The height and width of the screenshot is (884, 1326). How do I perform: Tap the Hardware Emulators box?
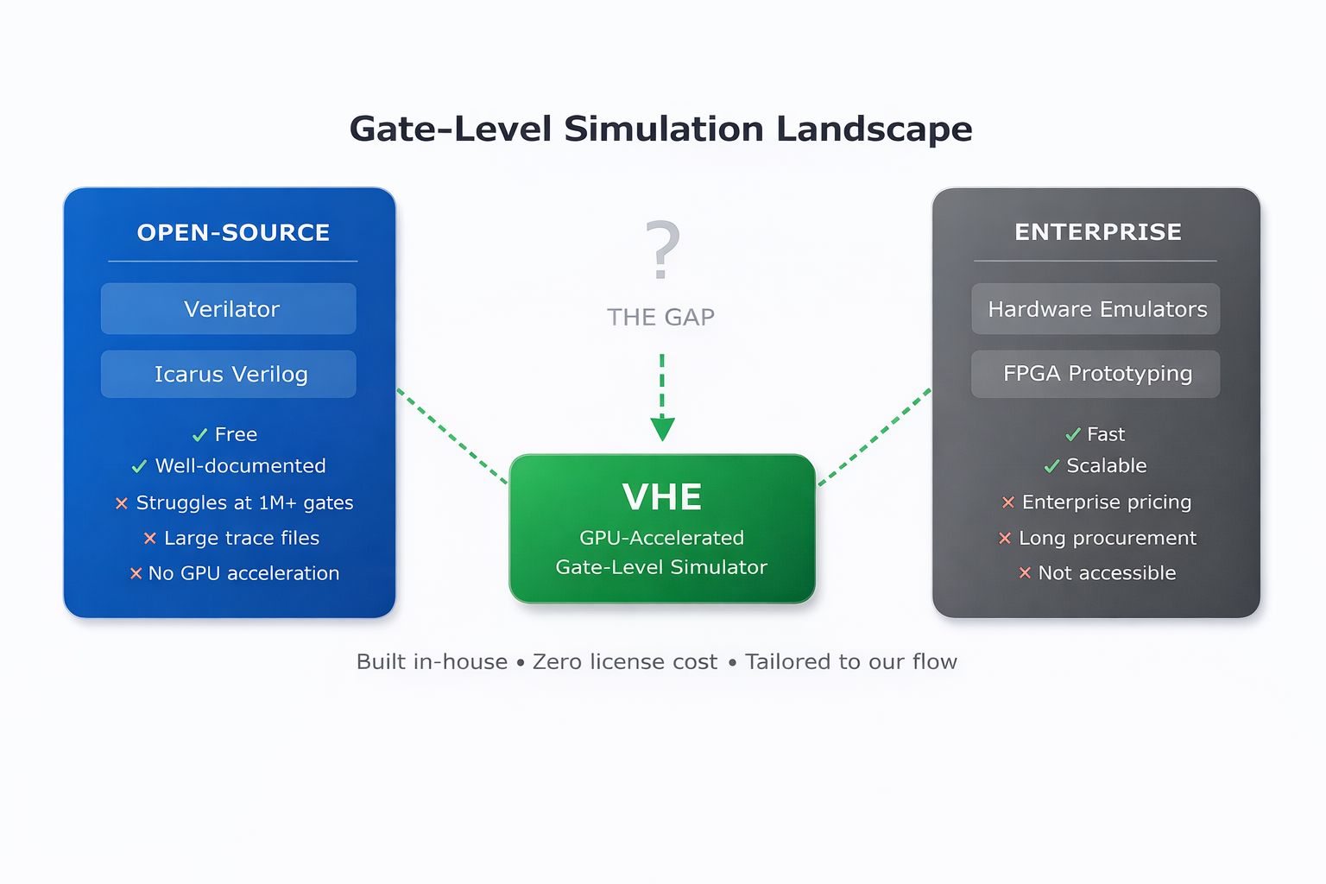1096,309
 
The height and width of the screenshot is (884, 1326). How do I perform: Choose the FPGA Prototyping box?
1096,374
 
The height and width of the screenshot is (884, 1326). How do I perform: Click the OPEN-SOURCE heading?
233,232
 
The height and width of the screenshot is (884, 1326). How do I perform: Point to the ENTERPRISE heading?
1097,231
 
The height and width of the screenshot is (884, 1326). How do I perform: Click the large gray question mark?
662,249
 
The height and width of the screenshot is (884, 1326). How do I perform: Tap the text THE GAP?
660,317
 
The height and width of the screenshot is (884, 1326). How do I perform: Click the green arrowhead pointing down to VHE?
662,428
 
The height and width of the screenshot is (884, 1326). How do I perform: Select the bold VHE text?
662,496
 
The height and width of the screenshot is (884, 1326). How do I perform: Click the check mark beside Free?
199,435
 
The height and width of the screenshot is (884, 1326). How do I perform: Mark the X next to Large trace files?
149,539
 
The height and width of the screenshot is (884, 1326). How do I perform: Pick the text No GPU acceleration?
243,573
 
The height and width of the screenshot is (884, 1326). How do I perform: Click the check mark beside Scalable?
1051,466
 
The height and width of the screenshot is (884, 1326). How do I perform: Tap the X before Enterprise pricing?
1007,502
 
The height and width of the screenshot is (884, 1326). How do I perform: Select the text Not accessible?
1107,573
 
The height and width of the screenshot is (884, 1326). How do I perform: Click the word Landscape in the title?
874,129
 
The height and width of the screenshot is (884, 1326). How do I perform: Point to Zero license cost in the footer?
624,661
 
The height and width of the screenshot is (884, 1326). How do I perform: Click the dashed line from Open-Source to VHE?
451,435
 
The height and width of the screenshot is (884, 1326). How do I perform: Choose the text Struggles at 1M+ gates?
244,502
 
